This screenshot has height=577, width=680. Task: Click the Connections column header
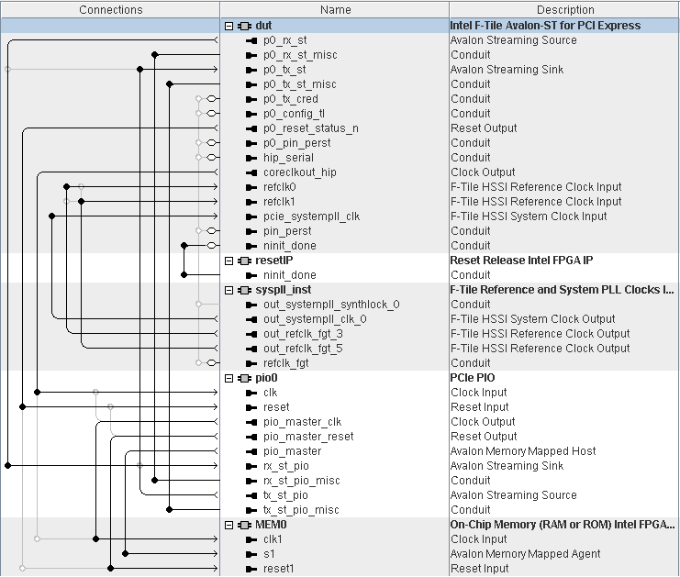(x=110, y=9)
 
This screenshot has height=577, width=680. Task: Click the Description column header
(x=564, y=9)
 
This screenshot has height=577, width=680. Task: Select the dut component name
(x=263, y=26)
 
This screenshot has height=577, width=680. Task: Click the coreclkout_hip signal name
(x=299, y=172)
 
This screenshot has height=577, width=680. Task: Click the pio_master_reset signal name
(x=307, y=437)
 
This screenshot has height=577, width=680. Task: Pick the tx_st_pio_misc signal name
(x=301, y=510)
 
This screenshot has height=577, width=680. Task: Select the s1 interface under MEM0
(x=269, y=554)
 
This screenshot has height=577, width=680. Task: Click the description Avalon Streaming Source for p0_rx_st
(x=513, y=40)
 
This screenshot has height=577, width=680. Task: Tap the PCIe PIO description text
(x=473, y=378)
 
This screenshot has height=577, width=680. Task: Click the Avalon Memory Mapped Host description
(x=523, y=451)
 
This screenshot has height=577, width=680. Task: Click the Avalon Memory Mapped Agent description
(x=525, y=554)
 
